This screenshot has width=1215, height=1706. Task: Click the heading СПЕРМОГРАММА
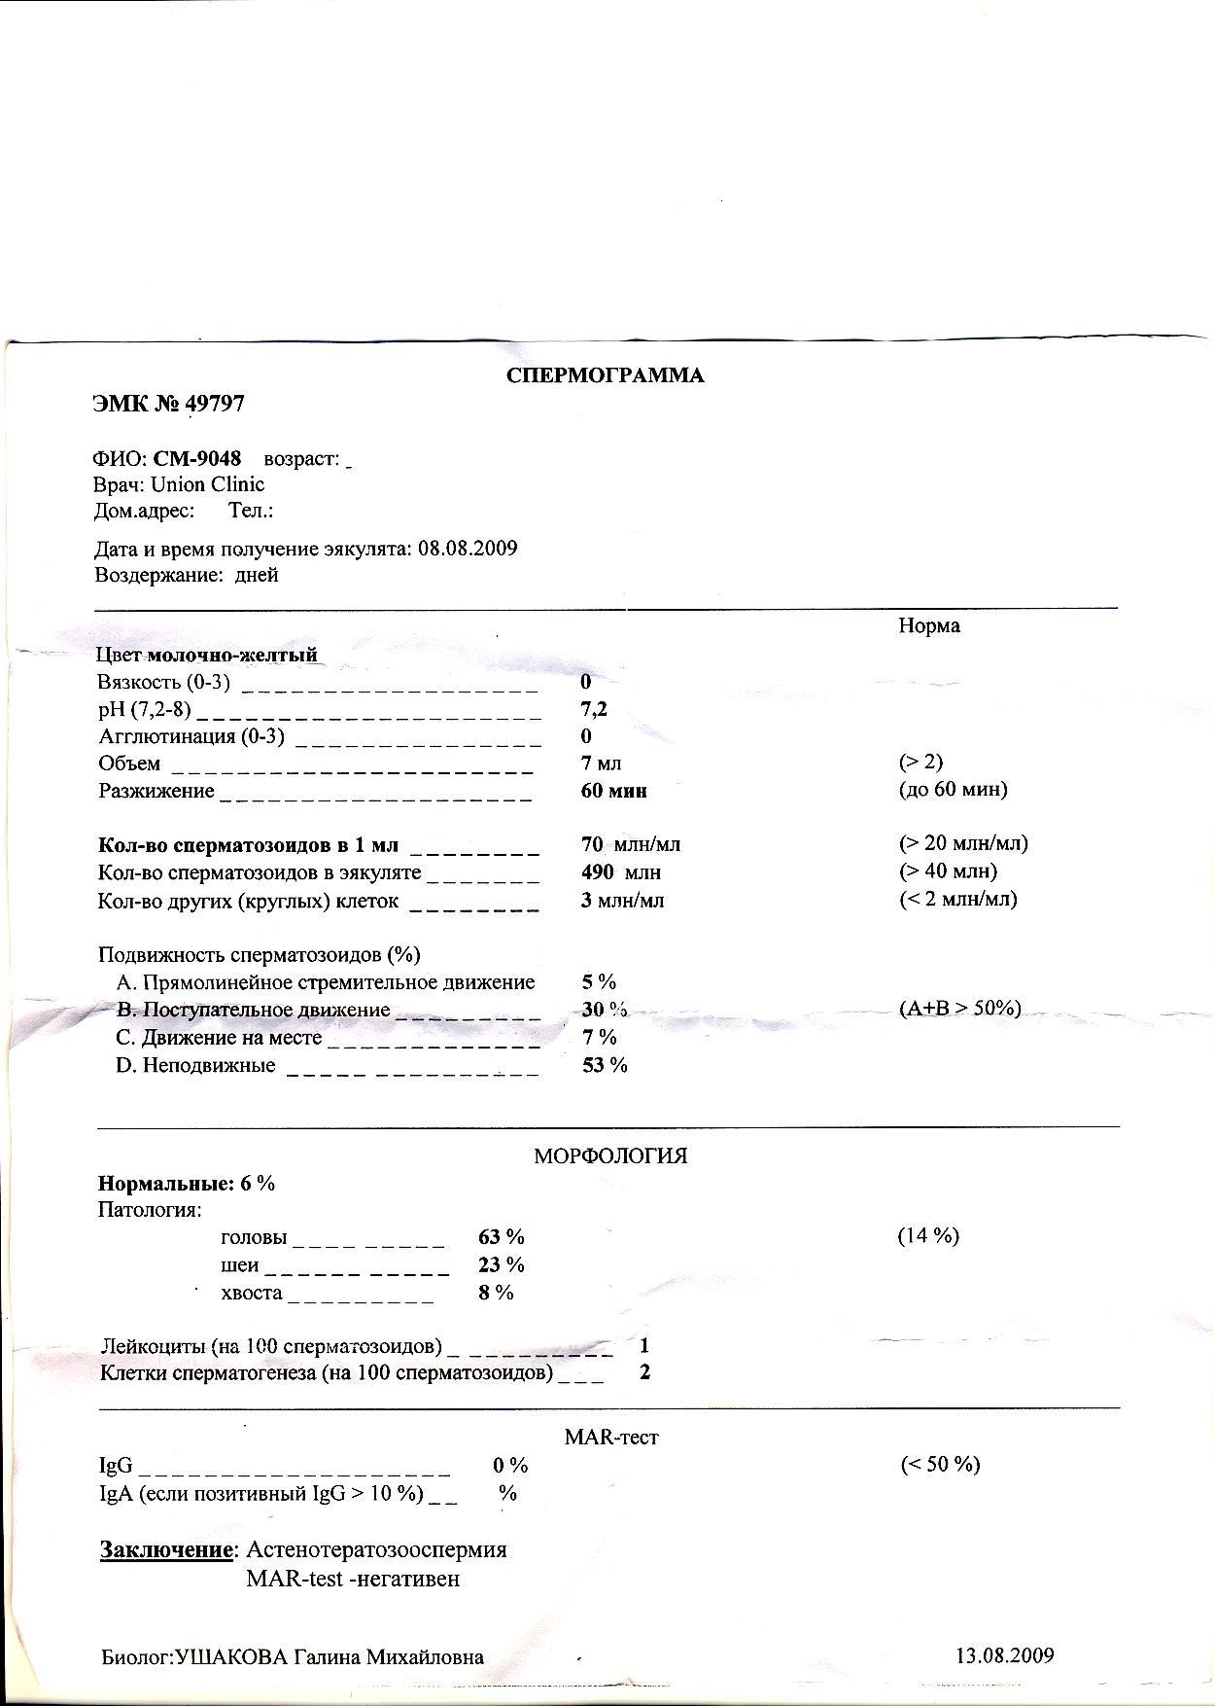click(605, 376)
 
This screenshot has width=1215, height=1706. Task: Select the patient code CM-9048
click(197, 458)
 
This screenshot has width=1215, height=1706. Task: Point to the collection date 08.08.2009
click(468, 549)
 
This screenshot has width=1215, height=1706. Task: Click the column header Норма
click(929, 626)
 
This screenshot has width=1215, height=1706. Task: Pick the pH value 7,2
click(594, 709)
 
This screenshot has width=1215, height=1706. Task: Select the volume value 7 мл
click(601, 764)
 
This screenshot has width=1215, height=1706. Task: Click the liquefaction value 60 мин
click(613, 791)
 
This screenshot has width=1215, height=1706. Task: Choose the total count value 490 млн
click(620, 872)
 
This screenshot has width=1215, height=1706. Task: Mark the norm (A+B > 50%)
click(960, 1009)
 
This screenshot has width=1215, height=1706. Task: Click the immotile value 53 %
click(605, 1065)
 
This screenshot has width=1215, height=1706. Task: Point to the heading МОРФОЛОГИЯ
click(610, 1156)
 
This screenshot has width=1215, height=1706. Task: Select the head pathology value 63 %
click(502, 1237)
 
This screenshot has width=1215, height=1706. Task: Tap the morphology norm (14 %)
click(928, 1236)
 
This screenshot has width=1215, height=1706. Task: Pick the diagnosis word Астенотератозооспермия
click(377, 1549)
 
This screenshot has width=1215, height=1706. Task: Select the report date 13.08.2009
click(1005, 1655)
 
